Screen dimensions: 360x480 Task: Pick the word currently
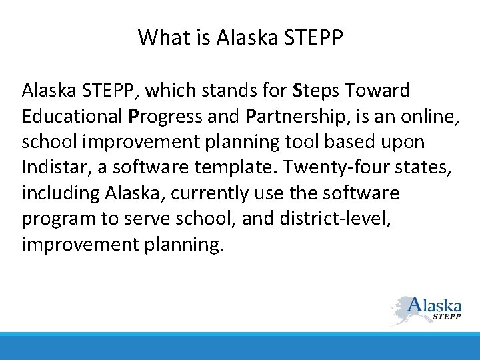[217, 193]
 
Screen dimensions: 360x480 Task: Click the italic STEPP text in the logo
[447, 317]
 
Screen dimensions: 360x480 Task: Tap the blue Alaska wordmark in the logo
[435, 305]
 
